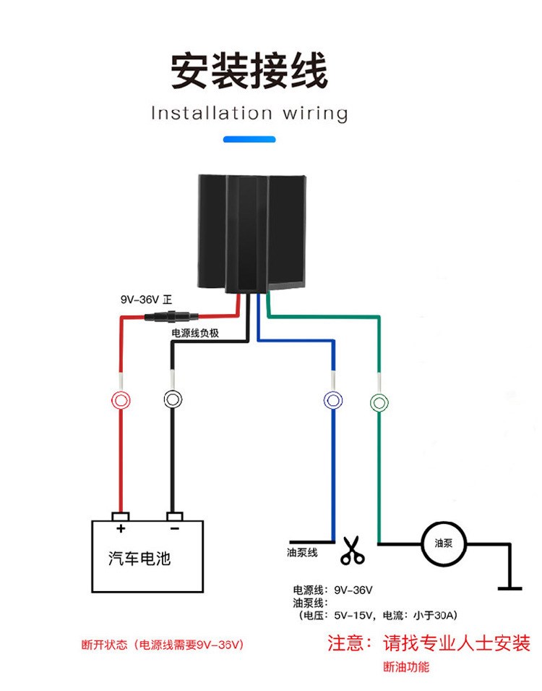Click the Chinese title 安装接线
coord(249,71)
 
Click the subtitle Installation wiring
coord(249,114)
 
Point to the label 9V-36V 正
coord(146,299)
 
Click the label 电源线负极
coord(194,333)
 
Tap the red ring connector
coord(121,399)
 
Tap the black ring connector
coord(172,399)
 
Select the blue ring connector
coord(333,399)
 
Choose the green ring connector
coord(379,400)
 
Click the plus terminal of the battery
coord(121,517)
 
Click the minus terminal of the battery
coord(173,517)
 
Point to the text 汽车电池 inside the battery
coord(140,558)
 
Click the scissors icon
coord(353,551)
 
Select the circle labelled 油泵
coord(443,543)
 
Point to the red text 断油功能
coord(405,666)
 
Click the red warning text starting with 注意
coord(429,643)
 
